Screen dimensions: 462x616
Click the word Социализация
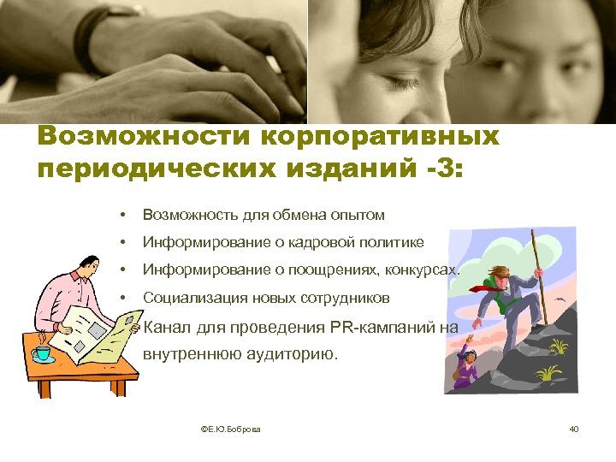click(x=193, y=299)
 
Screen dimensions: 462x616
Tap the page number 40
click(x=573, y=428)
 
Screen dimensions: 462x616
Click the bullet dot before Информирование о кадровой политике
click(x=124, y=243)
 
